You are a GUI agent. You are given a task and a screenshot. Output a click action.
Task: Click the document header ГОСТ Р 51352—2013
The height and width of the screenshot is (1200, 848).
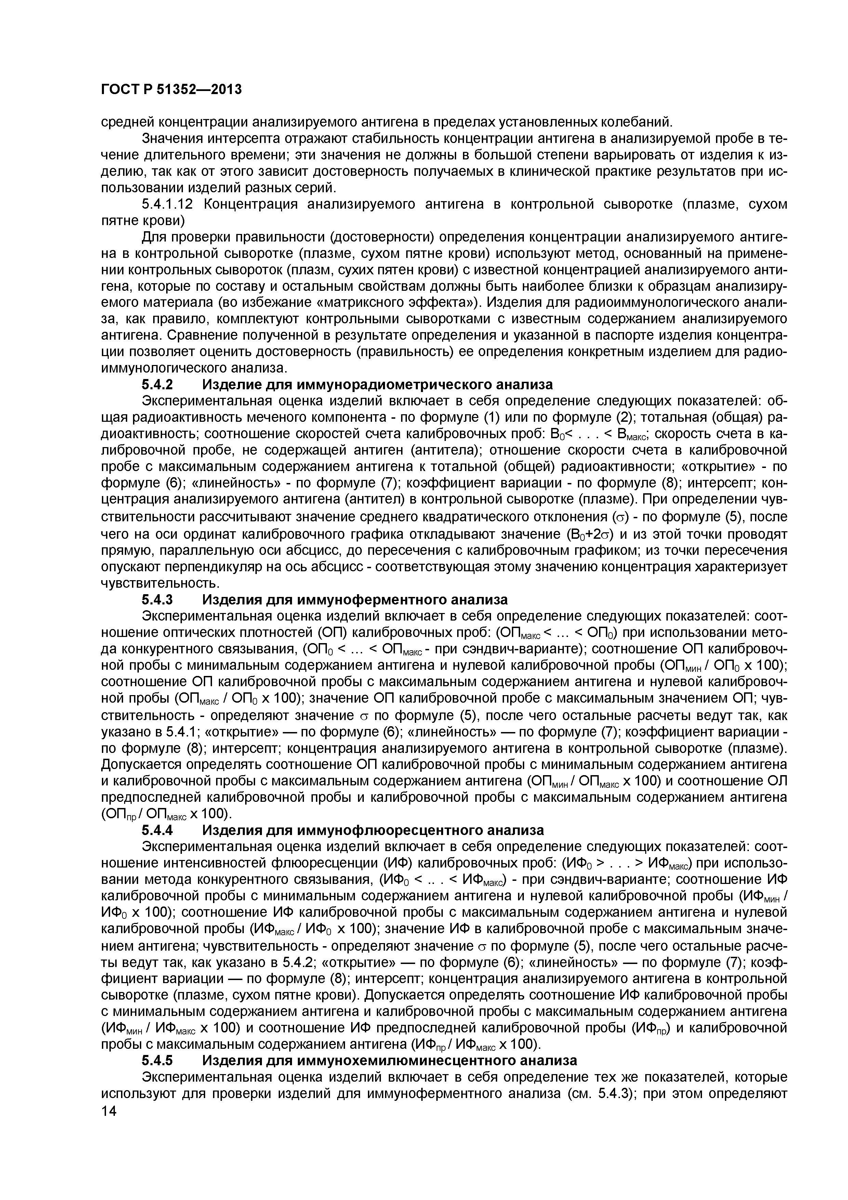coord(171,90)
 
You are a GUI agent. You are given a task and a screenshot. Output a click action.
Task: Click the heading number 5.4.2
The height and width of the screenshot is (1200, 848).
coord(157,385)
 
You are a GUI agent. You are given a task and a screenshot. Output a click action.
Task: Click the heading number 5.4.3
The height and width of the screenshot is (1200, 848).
coord(157,599)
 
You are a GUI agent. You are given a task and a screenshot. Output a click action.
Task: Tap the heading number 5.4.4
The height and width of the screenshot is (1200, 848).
coord(157,830)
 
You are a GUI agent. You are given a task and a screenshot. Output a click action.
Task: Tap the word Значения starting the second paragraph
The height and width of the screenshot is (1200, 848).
coord(172,139)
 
